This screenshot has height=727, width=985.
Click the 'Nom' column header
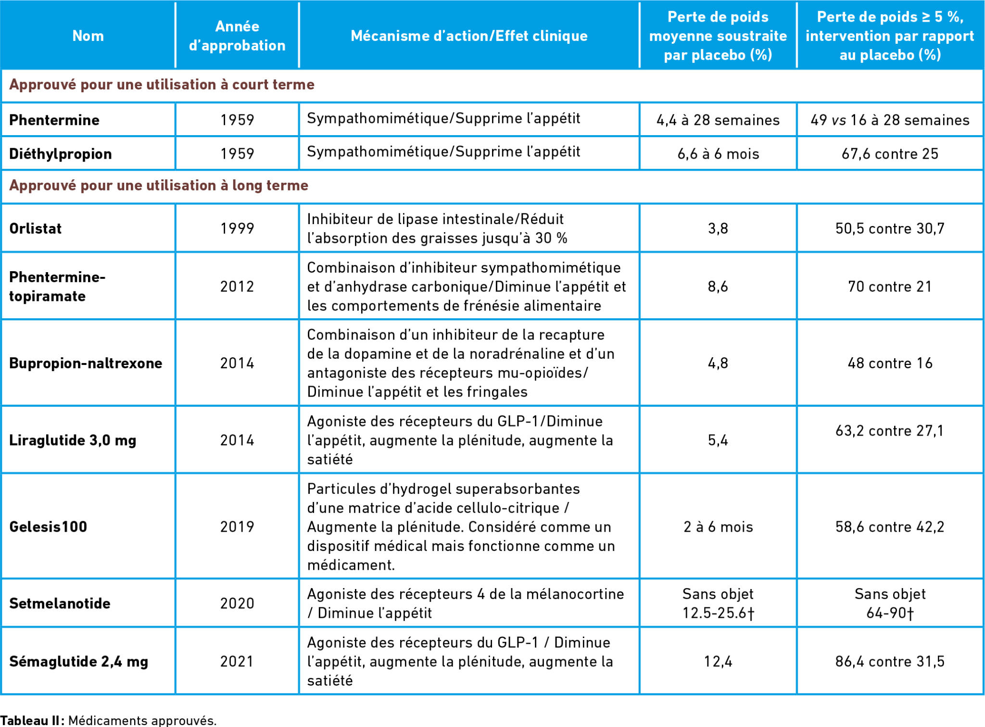pos(88,36)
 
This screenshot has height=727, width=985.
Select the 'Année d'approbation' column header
pos(237,36)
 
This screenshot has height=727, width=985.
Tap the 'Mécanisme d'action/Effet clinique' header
pos(469,36)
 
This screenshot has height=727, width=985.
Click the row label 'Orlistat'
pos(36,228)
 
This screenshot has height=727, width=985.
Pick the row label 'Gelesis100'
pos(48,526)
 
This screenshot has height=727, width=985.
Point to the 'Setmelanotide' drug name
pos(60,603)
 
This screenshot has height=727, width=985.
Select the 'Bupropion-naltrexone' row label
pos(86,363)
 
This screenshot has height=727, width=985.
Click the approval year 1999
pos(237,228)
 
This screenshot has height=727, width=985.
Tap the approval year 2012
pos(237,287)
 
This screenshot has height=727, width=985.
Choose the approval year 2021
pos(237,662)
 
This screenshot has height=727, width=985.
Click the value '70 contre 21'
pos(890,287)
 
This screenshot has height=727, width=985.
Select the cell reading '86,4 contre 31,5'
pos(890,662)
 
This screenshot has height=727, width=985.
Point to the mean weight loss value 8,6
pos(718,287)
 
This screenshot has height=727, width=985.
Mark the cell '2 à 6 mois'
pos(718,526)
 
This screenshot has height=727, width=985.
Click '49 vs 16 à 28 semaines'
pos(890,120)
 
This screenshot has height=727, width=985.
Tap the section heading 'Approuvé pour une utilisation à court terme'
pos(162,85)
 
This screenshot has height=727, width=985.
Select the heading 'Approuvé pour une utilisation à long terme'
pos(159,186)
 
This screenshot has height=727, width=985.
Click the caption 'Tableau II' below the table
pos(31,720)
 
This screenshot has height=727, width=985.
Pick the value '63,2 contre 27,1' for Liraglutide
pos(890,430)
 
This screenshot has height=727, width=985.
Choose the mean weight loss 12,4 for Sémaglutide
pos(718,662)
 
